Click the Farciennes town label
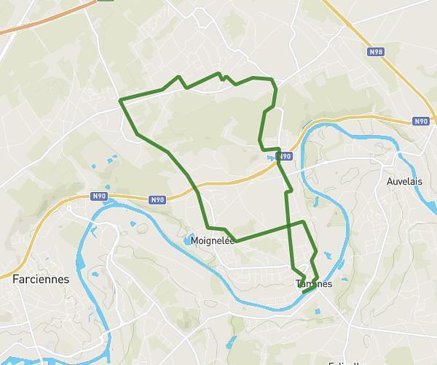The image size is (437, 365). [41, 279]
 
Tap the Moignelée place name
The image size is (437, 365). [212, 240]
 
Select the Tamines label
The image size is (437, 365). [314, 283]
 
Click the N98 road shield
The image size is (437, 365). [375, 52]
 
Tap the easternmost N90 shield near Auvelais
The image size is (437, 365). [420, 122]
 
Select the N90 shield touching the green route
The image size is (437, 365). [285, 155]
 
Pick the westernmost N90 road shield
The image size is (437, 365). [99, 196]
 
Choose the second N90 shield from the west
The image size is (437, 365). [157, 199]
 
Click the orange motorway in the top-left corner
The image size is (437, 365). [44, 18]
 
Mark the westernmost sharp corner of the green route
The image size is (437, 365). [120, 99]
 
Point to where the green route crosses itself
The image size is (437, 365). [291, 224]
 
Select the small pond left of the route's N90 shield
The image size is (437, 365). [271, 156]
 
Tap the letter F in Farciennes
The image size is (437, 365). [16, 279]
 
